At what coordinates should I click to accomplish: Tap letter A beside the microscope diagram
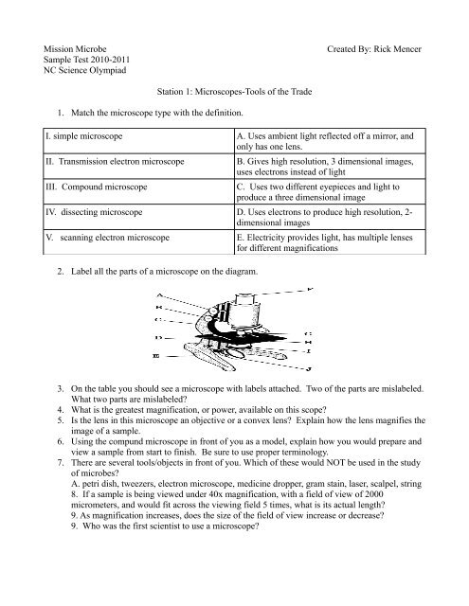coord(156,295)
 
